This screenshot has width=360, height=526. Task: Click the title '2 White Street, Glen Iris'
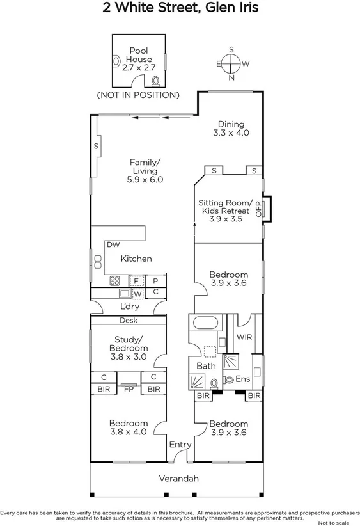point(180,8)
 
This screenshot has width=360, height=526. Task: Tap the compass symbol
point(231,63)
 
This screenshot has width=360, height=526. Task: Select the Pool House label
point(139,58)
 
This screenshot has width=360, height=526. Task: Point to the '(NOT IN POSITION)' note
point(137,95)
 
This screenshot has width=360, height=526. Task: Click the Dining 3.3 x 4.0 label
point(230,129)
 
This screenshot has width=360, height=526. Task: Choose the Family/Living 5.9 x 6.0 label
point(145,171)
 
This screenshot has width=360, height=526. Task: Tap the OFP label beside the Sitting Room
point(259,208)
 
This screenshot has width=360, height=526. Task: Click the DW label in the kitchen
point(113,244)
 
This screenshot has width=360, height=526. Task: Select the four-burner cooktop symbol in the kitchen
point(116,280)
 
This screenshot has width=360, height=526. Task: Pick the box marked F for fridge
point(136,280)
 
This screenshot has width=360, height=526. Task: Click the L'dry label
point(130,306)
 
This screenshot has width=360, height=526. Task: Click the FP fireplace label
point(129,388)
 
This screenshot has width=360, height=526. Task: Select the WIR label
point(244,336)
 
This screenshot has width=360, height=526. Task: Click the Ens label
point(242,379)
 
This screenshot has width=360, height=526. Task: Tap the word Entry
point(180,445)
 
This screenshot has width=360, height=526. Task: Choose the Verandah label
point(179,479)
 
